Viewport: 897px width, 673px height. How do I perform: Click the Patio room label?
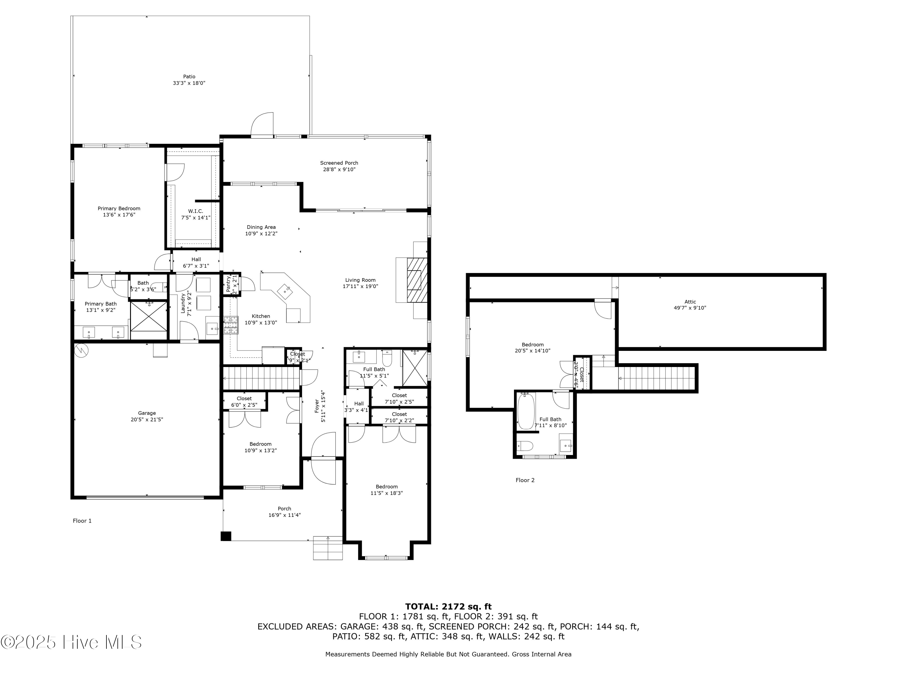click(189, 77)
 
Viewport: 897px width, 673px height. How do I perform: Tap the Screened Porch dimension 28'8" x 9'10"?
click(339, 170)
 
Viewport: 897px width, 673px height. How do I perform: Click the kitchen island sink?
click(287, 290)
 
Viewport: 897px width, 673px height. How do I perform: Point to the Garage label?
click(147, 413)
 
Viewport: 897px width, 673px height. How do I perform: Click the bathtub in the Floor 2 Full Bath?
click(526, 411)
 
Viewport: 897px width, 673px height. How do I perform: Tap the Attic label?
click(690, 302)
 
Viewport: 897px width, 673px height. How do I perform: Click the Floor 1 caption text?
click(82, 521)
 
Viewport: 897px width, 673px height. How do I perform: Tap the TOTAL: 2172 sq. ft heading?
click(448, 607)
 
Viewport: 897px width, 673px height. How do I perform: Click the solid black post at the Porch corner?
click(226, 536)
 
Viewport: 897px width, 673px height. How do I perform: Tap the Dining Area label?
click(261, 227)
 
